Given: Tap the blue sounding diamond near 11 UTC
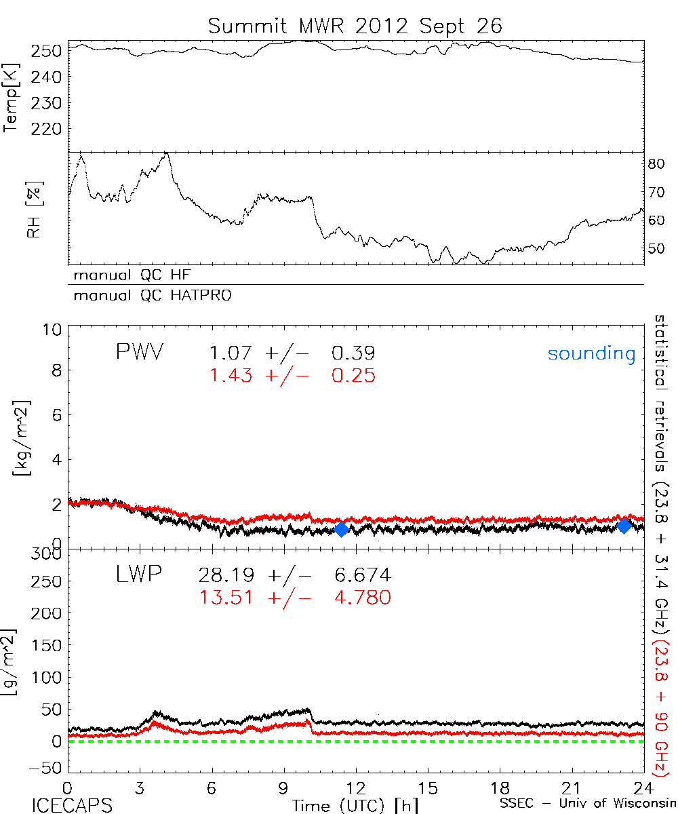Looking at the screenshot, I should [341, 529].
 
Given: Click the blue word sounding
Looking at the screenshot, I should [591, 353].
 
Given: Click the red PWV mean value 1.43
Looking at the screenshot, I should [231, 375].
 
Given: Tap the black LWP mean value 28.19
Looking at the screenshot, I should [226, 576].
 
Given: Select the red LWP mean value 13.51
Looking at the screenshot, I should [226, 597].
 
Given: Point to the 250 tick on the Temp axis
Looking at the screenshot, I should [46, 51].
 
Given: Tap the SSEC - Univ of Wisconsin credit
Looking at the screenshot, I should [587, 805].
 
